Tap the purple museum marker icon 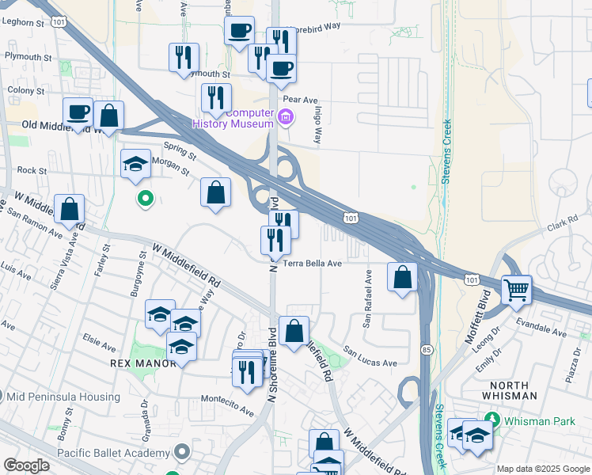(286, 120)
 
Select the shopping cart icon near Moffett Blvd (517, 290)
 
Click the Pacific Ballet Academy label (114, 453)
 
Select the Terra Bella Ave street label (312, 263)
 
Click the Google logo (26, 465)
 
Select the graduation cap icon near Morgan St (136, 164)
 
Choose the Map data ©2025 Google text (543, 469)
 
